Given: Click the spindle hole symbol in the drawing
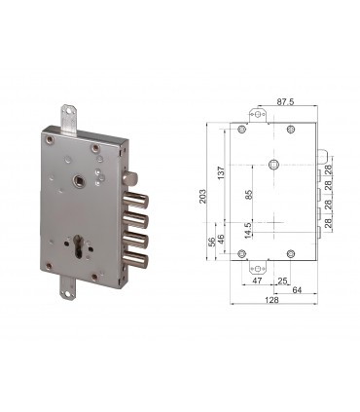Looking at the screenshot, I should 276,163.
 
